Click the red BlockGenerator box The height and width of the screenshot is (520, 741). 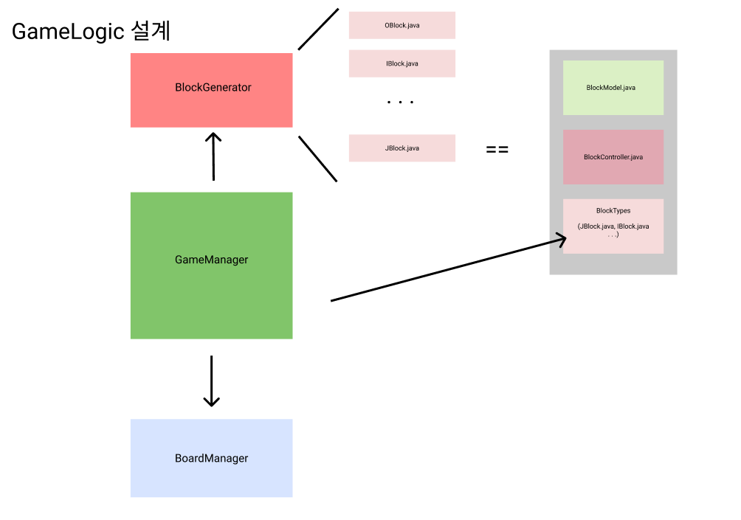211,107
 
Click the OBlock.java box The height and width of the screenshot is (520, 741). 401,25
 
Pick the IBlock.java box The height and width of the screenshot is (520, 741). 401,63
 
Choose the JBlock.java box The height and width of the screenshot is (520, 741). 401,148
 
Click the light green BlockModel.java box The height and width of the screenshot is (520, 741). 613,88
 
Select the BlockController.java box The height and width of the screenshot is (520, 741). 613,157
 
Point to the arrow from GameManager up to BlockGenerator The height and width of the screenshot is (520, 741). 213,156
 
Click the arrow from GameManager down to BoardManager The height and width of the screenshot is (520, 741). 212,381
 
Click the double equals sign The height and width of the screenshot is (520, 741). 497,150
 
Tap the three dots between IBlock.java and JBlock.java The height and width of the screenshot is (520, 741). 401,103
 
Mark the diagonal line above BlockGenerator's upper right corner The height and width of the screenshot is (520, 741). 318,30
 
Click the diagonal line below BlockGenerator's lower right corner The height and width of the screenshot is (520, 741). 318,159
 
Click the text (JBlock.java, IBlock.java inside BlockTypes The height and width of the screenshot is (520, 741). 613,226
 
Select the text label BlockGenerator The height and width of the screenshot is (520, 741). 213,88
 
